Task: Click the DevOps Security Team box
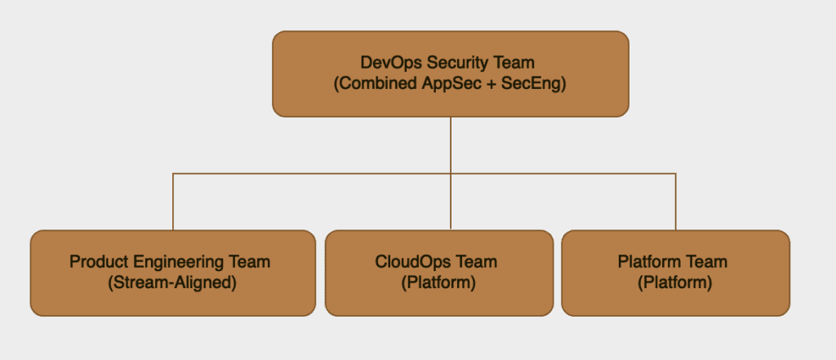point(451,73)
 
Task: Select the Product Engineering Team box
point(173,273)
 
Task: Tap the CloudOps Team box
point(439,273)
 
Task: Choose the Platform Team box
point(675,273)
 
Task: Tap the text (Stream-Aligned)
point(172,282)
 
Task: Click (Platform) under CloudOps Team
point(438,282)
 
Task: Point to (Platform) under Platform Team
point(675,282)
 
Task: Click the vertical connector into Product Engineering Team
point(173,202)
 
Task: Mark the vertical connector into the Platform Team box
point(675,202)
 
